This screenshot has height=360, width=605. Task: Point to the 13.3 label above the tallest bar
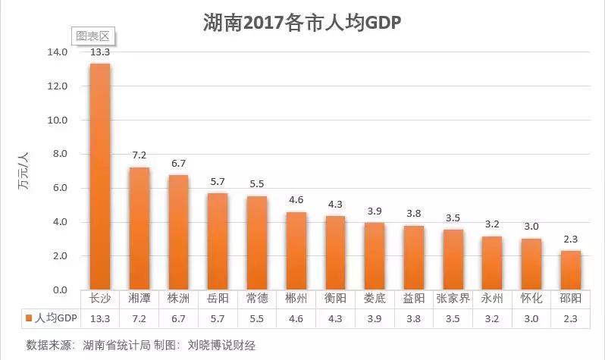coord(100,52)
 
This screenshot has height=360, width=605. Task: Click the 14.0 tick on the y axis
coord(58,52)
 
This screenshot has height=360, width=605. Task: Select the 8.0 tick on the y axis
coord(59,155)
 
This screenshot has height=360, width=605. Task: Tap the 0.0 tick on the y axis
coord(59,290)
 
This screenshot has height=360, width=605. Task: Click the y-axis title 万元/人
coord(24,171)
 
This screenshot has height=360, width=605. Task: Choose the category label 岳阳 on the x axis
coord(218,299)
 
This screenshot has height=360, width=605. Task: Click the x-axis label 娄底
coord(375,299)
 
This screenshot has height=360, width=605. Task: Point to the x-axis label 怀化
coord(531,299)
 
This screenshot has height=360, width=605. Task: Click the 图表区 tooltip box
coord(92,36)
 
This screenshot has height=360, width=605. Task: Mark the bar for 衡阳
coord(336,253)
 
